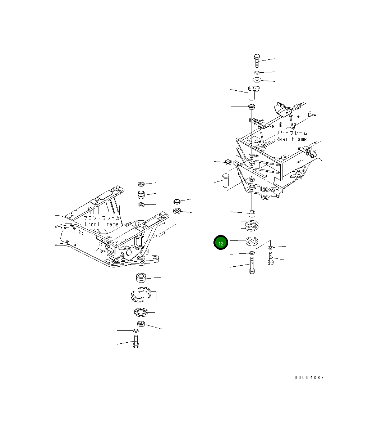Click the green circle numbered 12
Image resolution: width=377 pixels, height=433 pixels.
click(x=221, y=242)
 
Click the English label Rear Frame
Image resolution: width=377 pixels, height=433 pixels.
click(x=291, y=139)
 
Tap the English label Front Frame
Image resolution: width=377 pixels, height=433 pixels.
click(x=101, y=224)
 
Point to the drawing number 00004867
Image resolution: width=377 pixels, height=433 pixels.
click(x=309, y=378)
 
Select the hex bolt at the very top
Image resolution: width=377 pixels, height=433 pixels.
click(x=257, y=61)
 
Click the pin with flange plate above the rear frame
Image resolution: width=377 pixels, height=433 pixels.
click(x=253, y=93)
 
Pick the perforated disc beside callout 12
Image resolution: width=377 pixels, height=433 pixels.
click(x=252, y=241)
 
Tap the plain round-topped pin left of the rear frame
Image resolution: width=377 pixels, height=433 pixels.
click(x=226, y=181)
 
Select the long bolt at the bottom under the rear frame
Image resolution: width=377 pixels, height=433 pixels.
click(x=252, y=265)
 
